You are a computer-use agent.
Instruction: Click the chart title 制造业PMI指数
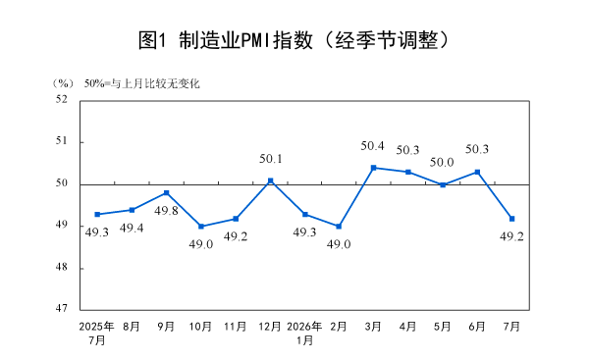(245, 40)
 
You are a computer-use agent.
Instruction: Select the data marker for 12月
(271, 180)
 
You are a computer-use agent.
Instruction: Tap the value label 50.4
(372, 145)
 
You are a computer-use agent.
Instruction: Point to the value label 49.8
(166, 211)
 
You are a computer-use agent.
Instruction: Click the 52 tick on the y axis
(62, 99)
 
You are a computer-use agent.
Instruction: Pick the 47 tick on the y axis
(62, 308)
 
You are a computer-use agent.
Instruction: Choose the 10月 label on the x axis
(200, 327)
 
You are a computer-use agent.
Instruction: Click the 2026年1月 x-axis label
(304, 334)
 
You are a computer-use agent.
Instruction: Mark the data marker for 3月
(374, 168)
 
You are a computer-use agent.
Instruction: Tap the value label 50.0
(442, 162)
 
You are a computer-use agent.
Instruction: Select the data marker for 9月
(167, 193)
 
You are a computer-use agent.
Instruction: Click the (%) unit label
(63, 83)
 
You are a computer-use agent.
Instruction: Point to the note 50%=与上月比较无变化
(142, 83)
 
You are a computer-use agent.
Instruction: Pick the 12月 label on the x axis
(270, 327)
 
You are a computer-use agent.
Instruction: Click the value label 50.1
(271, 159)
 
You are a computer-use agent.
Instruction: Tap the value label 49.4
(132, 228)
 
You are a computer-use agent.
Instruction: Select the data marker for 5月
(443, 184)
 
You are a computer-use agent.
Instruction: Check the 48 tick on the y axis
(62, 267)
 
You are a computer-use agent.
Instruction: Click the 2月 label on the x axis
(339, 327)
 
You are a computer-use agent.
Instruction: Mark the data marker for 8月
(133, 210)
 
